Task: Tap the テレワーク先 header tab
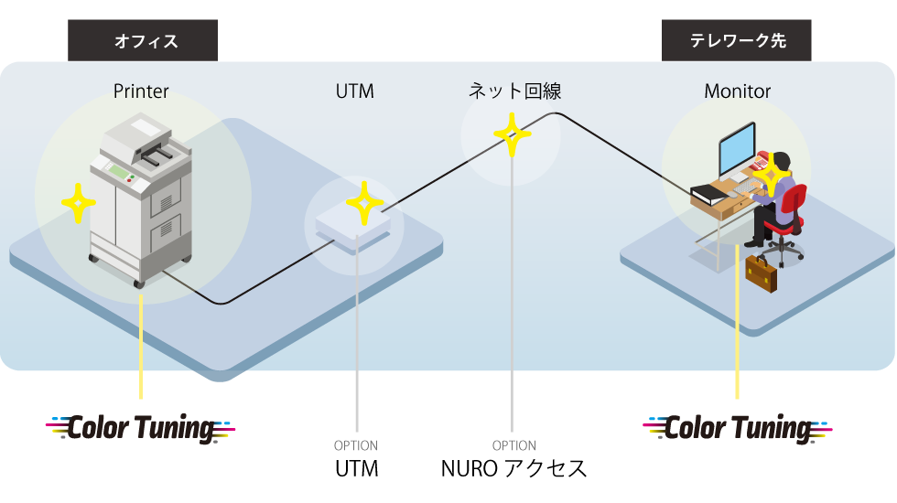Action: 737,41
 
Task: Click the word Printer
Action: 141,91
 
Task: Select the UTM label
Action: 354,91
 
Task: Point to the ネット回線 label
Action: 514,91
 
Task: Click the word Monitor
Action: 737,91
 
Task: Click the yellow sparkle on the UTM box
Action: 364,203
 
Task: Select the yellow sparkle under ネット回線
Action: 513,134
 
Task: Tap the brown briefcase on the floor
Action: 761,272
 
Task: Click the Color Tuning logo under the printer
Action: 142,427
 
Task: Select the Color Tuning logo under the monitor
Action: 738,427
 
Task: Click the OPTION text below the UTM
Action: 355,446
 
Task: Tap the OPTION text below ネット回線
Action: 513,446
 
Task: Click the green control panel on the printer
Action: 118,171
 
